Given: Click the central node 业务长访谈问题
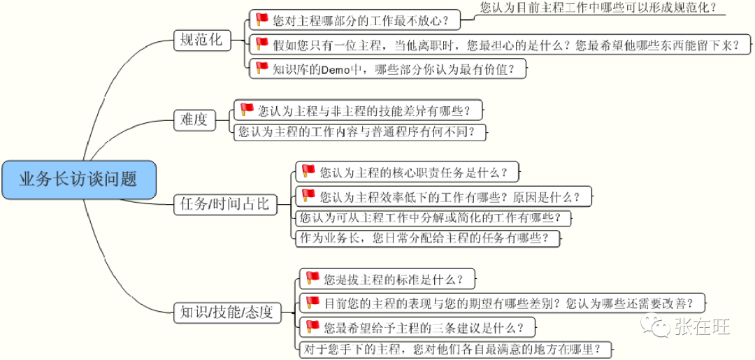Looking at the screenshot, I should click(78, 180).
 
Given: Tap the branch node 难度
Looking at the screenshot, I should click(193, 120).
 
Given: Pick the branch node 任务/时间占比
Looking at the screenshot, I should click(224, 204).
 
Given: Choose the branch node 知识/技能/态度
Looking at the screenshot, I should click(226, 312).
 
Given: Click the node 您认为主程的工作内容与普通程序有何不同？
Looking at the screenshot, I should click(359, 131).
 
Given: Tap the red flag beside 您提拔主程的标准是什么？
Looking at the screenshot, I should click(312, 278).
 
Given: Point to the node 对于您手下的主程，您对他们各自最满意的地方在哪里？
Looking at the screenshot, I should click(454, 349).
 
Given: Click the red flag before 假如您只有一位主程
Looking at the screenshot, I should click(262, 43).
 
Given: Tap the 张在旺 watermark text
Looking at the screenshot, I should click(702, 326).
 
